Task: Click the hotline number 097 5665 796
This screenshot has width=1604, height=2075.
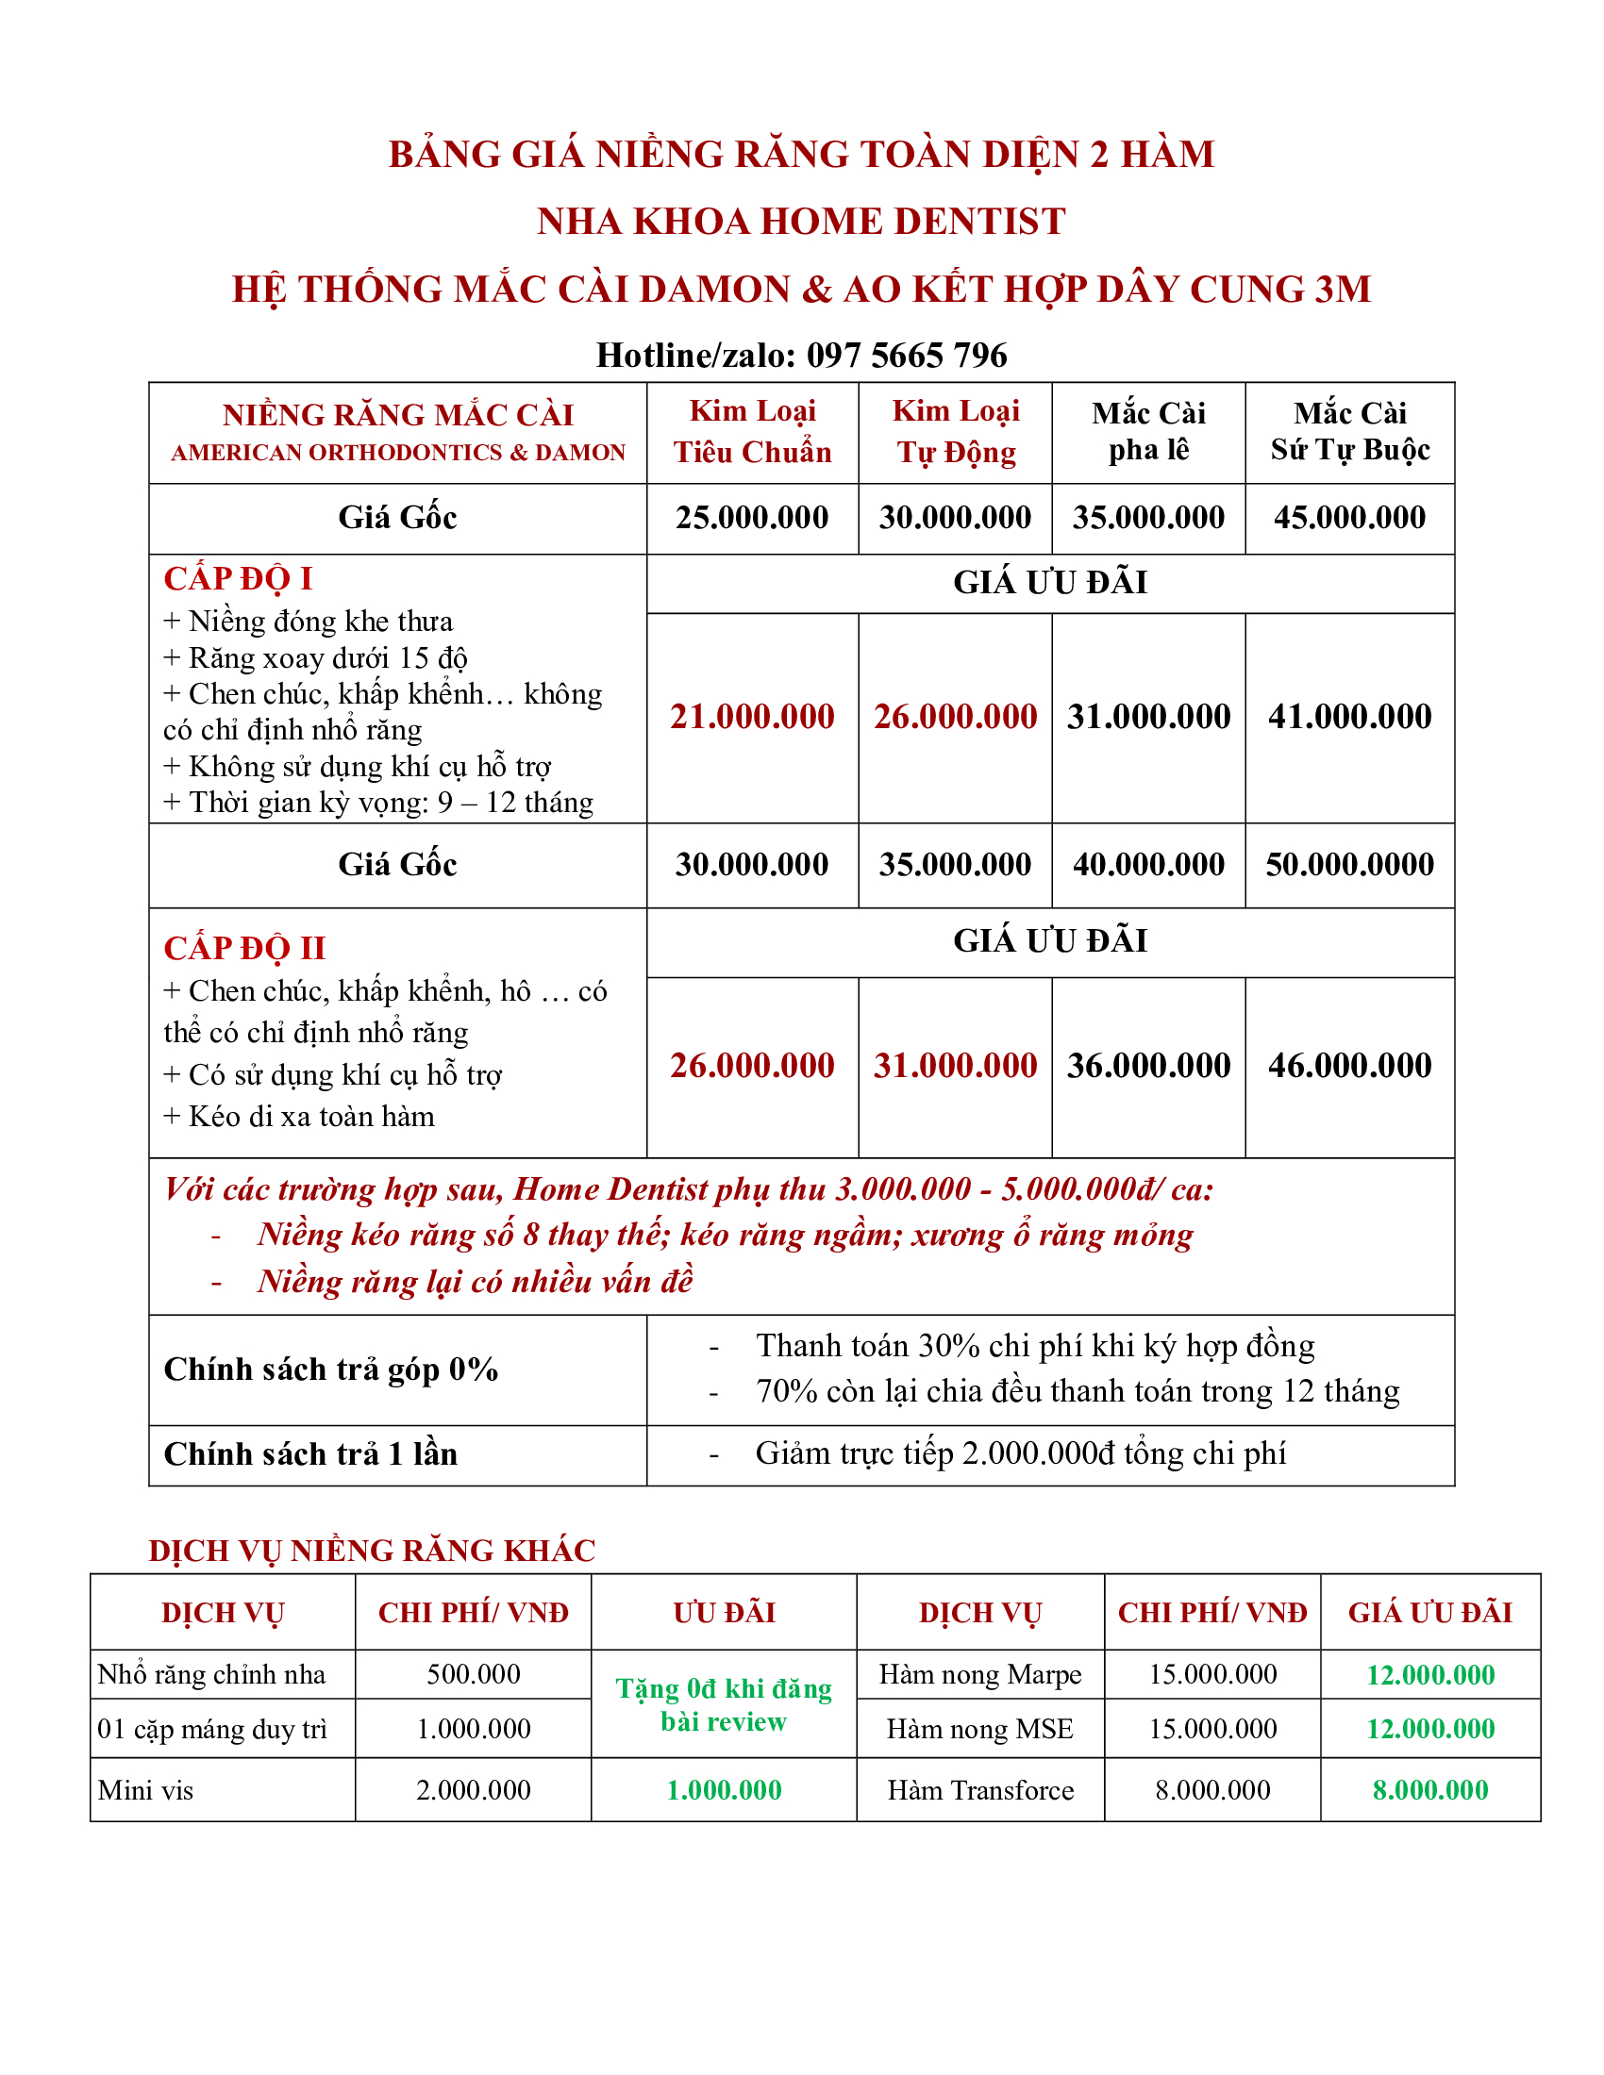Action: pyautogui.click(x=906, y=356)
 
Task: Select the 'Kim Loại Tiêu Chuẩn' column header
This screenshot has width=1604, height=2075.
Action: pyautogui.click(x=752, y=431)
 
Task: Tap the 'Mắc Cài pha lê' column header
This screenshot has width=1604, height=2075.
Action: pyautogui.click(x=1148, y=431)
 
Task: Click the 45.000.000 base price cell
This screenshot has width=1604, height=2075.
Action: pyautogui.click(x=1348, y=518)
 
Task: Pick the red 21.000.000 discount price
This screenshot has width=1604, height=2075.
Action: pyautogui.click(x=752, y=717)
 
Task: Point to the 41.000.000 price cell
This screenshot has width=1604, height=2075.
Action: pyautogui.click(x=1348, y=717)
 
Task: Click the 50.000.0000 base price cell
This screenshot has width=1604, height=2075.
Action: pyautogui.click(x=1348, y=865)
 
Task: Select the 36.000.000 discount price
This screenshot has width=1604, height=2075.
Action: pyautogui.click(x=1148, y=1066)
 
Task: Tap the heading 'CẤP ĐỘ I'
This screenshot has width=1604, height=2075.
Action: pyautogui.click(x=238, y=578)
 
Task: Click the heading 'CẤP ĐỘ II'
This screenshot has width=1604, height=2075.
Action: pyautogui.click(x=244, y=948)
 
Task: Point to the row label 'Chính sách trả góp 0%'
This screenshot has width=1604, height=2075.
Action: pyautogui.click(x=330, y=1369)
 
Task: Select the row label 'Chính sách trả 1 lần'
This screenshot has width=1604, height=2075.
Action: pyautogui.click(x=310, y=1454)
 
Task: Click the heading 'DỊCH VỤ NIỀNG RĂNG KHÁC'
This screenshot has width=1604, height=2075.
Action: pyautogui.click(x=372, y=1551)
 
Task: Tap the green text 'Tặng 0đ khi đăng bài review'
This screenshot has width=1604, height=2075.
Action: pyautogui.click(x=723, y=1705)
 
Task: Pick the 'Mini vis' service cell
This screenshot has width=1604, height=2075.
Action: pyautogui.click(x=145, y=1791)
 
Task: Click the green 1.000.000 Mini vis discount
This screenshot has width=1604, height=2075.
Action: pyautogui.click(x=723, y=1791)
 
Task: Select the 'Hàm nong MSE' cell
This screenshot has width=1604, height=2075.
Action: pyautogui.click(x=979, y=1729)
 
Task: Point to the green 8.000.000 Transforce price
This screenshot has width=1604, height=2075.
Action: pyautogui.click(x=1429, y=1791)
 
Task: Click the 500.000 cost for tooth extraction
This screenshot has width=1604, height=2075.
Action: pyautogui.click(x=474, y=1674)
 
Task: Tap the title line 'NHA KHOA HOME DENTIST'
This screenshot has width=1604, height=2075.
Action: pyautogui.click(x=801, y=222)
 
